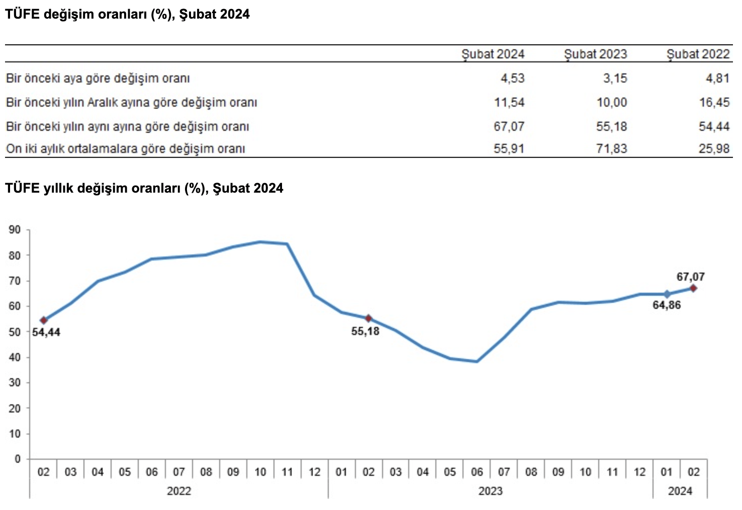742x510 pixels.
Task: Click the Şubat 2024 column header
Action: point(493,54)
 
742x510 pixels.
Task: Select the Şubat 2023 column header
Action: point(595,54)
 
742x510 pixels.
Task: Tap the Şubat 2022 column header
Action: point(698,54)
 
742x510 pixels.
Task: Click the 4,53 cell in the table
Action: point(512,78)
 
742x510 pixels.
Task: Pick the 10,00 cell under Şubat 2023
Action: point(611,103)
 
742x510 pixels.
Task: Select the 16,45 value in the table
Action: point(714,103)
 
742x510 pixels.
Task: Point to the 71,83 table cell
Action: point(611,149)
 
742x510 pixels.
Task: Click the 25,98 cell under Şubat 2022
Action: point(714,149)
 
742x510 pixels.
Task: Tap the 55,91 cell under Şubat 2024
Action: point(509,149)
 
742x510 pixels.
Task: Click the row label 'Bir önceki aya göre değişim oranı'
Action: point(98,78)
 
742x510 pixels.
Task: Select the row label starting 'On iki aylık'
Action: point(125,149)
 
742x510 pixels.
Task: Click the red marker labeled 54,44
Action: point(44,320)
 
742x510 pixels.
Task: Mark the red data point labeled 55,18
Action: point(368,318)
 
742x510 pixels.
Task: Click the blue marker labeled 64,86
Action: point(667,294)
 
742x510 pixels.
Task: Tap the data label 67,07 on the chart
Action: point(690,277)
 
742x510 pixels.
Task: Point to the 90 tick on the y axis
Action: point(15,230)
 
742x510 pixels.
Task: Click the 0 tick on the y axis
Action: point(18,459)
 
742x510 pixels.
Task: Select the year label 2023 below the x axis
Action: point(490,491)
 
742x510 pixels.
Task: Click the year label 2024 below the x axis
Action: point(680,491)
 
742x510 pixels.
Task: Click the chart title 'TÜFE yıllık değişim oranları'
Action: point(144,188)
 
